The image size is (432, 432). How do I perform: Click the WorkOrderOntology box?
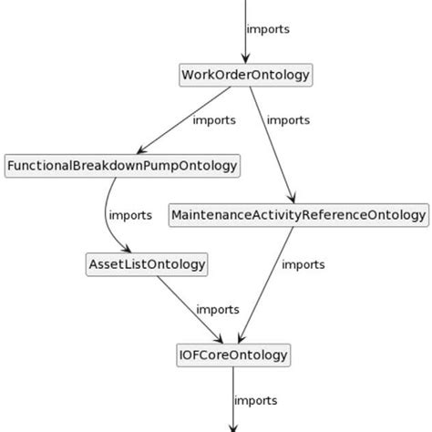coord(246,75)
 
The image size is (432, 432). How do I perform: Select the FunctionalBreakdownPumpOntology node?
coord(122,166)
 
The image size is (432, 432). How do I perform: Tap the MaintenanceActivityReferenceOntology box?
coord(299,216)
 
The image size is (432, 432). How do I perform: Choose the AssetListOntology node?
coord(146,265)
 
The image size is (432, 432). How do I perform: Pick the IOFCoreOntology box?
coord(233,355)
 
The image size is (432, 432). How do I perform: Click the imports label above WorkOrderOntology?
coord(269,29)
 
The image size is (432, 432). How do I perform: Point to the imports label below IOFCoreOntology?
coord(256,400)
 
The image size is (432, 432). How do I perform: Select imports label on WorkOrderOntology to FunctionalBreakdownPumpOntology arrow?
coord(214,119)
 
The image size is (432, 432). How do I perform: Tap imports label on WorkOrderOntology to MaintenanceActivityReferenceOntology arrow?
coord(288,119)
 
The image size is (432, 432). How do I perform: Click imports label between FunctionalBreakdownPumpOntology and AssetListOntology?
coord(130,216)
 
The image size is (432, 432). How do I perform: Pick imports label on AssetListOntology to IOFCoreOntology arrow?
coord(219,310)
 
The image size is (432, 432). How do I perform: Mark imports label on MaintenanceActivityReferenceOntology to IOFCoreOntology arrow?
coord(303,264)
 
